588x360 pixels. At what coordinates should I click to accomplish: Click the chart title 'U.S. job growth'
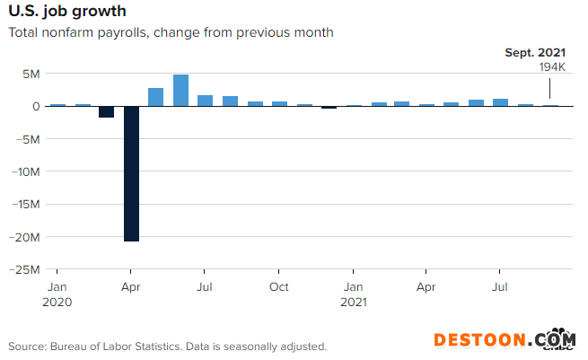67,12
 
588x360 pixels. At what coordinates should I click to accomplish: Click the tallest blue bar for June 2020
180,90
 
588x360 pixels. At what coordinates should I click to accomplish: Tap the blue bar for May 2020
155,97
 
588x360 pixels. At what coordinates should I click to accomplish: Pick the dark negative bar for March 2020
106,111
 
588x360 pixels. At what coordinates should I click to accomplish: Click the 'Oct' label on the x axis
279,287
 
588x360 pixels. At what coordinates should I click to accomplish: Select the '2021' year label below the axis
353,303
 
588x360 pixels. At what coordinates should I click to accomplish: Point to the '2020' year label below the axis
57,303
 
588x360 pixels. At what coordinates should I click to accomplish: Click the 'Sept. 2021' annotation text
534,53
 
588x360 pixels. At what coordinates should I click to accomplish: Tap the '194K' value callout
551,67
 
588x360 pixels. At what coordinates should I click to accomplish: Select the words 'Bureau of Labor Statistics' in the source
123,346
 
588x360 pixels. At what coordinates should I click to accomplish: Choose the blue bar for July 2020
205,100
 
